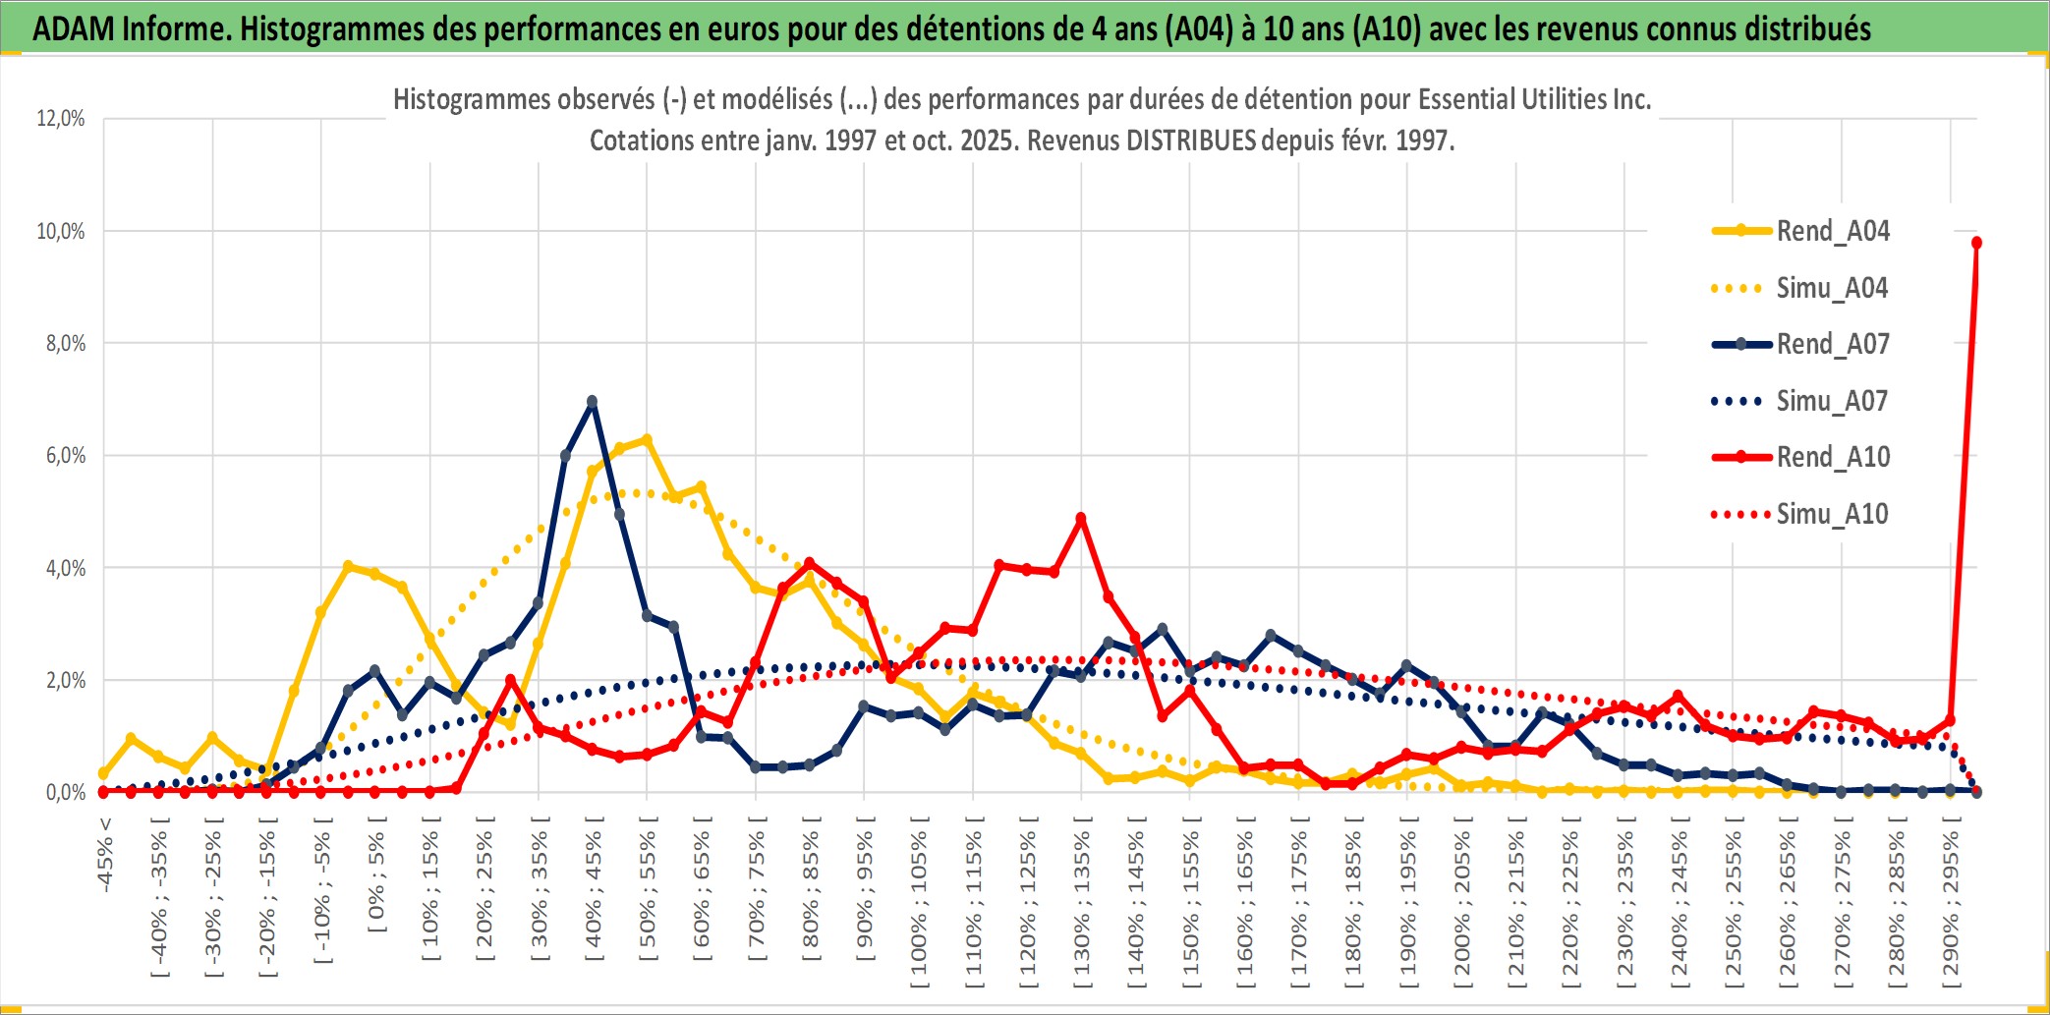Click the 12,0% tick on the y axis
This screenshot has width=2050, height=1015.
pos(61,119)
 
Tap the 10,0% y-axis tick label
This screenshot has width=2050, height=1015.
pos(61,232)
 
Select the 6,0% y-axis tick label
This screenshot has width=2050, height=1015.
pos(65,456)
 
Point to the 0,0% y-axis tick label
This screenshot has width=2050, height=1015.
pos(65,793)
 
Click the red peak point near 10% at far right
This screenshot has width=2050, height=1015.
pos(1976,243)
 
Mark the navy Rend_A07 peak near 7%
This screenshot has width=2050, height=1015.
pos(592,401)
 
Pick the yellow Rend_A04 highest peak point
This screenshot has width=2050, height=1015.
pos(647,439)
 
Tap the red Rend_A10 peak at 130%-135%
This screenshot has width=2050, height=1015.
pos(1081,518)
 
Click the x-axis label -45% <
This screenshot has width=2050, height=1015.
pos(105,855)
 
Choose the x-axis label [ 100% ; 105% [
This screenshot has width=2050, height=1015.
pos(919,904)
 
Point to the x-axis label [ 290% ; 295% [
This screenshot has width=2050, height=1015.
pos(1951,904)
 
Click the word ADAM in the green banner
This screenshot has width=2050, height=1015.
pos(72,28)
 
